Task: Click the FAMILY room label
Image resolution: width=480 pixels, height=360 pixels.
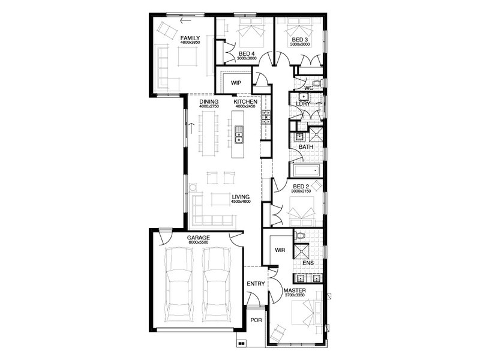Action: [190, 38]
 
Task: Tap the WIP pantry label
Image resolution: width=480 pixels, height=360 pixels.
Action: [236, 83]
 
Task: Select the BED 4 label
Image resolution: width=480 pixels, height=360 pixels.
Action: [247, 54]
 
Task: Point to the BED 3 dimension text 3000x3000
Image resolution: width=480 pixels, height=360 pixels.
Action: [300, 44]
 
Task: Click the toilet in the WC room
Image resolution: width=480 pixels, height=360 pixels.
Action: [316, 83]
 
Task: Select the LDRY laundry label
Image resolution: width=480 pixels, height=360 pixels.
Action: [303, 104]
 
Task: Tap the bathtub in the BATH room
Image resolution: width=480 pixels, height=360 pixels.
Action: [306, 170]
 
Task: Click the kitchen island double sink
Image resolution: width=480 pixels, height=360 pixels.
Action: [238, 134]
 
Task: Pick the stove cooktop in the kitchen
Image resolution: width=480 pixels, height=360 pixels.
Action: [266, 117]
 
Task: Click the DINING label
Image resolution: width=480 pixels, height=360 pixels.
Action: [209, 101]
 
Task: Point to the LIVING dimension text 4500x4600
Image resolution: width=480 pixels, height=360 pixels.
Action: [241, 202]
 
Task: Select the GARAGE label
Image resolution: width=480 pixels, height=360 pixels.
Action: [199, 238]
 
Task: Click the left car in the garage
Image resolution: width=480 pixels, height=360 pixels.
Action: [179, 284]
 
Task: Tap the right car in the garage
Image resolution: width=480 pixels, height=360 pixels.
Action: [217, 284]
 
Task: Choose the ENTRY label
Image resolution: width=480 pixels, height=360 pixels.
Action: [256, 284]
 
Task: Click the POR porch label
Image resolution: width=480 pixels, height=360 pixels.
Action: [256, 320]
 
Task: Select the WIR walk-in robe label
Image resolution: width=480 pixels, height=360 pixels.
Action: [280, 250]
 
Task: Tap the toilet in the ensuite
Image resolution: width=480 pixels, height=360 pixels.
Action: [299, 236]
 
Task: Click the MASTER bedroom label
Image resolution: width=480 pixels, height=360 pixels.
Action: [295, 290]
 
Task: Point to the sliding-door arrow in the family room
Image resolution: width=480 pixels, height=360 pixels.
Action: [186, 21]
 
